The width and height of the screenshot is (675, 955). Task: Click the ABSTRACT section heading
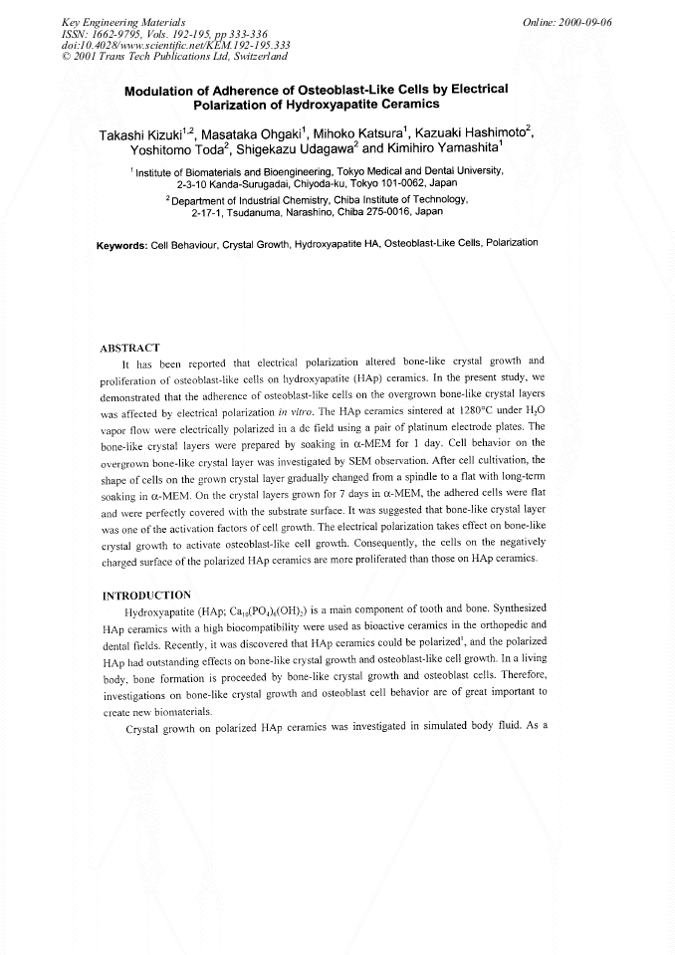(130, 348)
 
